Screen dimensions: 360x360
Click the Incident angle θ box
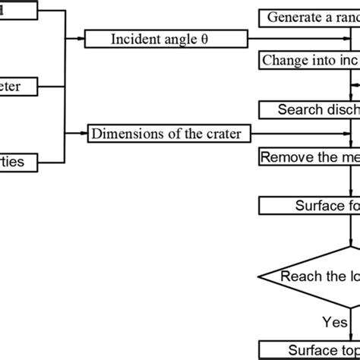click(166, 38)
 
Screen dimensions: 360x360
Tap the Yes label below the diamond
click(334, 323)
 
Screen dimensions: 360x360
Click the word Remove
click(282, 157)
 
